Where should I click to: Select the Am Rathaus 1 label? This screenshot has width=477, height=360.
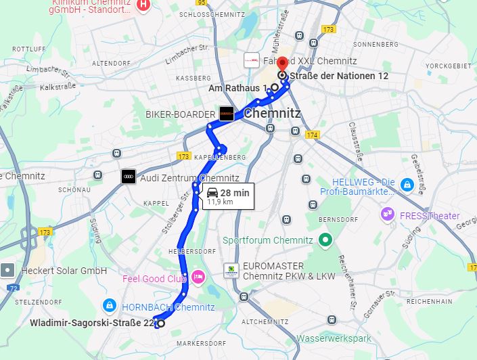237,87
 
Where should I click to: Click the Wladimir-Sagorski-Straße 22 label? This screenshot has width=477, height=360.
92,323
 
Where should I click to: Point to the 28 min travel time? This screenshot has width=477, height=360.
235,193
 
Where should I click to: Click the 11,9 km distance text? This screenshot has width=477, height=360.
220,202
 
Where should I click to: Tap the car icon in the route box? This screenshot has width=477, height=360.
212,192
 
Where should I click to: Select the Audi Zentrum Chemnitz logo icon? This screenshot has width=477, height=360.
128,177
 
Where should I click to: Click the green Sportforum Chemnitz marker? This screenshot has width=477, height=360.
325,240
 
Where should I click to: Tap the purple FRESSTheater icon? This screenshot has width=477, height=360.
386,215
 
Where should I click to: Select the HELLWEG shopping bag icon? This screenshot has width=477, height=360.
407,184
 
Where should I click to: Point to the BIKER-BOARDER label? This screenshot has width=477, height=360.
180,115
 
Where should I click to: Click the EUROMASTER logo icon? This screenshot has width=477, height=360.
231,271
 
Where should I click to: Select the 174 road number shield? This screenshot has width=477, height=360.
311,135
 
